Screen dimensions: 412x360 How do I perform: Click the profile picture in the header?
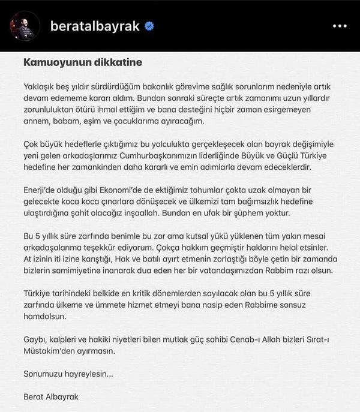(x=25, y=26)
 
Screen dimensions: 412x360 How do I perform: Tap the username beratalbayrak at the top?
(x=95, y=26)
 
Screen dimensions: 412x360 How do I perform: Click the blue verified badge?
(x=150, y=26)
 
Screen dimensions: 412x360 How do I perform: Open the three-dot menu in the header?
(x=340, y=26)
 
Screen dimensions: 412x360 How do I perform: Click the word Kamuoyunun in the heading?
(x=52, y=62)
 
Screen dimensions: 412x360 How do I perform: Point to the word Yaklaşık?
(x=41, y=86)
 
